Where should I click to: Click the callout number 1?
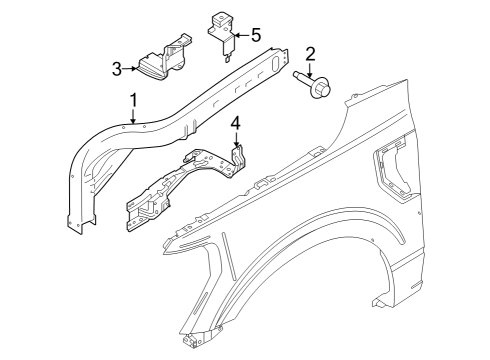pyautogui.click(x=132, y=100)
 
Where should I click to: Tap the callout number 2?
pyautogui.click(x=310, y=54)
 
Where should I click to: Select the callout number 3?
pyautogui.click(x=118, y=69)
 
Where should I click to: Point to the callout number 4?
pyautogui.click(x=235, y=125)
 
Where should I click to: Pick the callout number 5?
pyautogui.click(x=256, y=36)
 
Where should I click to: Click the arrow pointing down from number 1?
pyautogui.click(x=132, y=117)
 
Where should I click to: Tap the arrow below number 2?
pyautogui.click(x=310, y=69)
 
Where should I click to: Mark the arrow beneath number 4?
pyautogui.click(x=235, y=142)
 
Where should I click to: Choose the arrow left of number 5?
pyautogui.click(x=240, y=36)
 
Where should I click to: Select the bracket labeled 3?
pyautogui.click(x=163, y=62)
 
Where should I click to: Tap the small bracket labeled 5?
pyautogui.click(x=220, y=27)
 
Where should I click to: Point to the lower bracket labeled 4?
pyautogui.click(x=180, y=185)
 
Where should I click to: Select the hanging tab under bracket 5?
pyautogui.click(x=229, y=54)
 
